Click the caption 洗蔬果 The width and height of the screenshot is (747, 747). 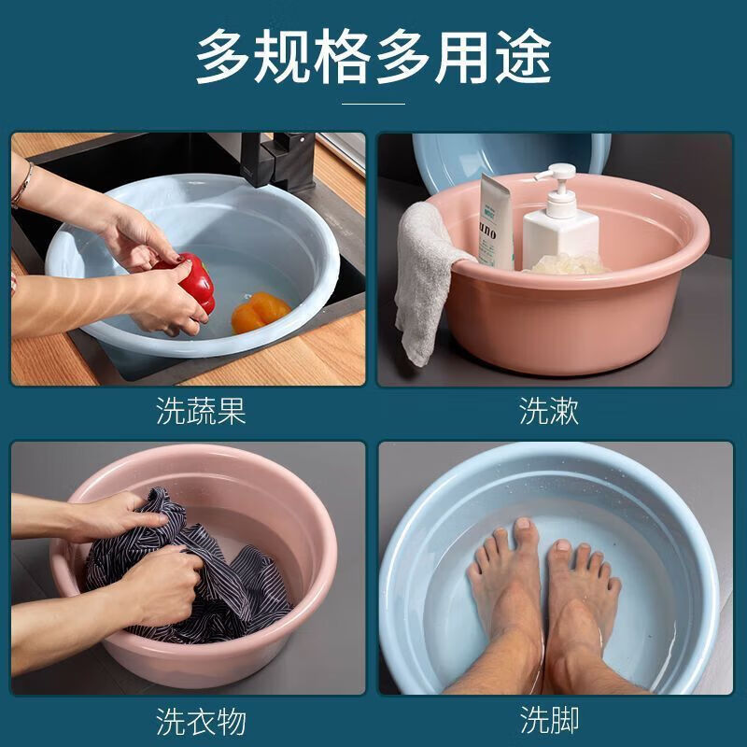201,412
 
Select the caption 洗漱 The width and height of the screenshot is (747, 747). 549,412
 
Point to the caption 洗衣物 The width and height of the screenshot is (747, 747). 201,721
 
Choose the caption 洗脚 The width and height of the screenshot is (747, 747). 549,721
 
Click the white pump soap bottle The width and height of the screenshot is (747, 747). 559,229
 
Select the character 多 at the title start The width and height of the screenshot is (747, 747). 223,57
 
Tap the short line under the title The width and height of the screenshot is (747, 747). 373,104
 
